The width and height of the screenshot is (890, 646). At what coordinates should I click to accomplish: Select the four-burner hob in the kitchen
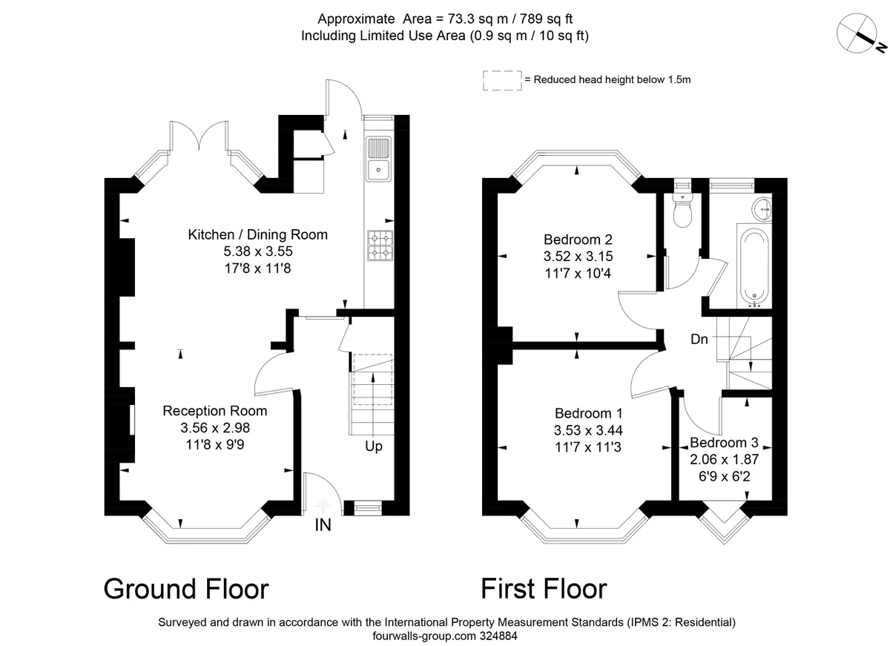379,245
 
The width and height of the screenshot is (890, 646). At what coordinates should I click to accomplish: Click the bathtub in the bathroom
754,266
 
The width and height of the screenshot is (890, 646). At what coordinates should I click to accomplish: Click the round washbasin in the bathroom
762,209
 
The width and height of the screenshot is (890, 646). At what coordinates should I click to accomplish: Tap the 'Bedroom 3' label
723,443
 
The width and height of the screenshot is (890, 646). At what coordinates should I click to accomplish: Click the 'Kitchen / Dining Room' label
257,234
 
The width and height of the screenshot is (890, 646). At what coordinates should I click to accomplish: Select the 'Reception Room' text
215,411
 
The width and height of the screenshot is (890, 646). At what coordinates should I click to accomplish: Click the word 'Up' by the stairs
373,446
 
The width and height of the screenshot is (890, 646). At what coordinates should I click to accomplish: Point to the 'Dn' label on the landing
699,339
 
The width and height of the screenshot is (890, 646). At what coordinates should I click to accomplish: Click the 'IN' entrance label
323,526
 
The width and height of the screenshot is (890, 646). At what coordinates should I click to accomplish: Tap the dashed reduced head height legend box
502,80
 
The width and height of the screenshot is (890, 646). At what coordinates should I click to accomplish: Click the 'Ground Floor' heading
185,589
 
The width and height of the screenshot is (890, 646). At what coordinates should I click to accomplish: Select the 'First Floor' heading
544,589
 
